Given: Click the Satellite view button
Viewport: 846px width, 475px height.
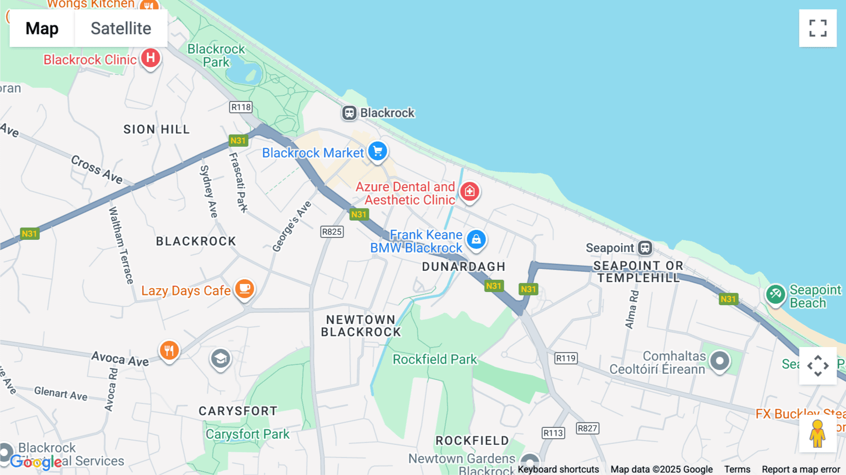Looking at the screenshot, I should coord(121,28).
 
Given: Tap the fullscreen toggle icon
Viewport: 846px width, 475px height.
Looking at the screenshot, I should coord(818,28).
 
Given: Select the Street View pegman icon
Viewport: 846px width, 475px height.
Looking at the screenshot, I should coord(817,433).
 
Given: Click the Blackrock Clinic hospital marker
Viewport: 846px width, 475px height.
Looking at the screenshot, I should coord(150,58).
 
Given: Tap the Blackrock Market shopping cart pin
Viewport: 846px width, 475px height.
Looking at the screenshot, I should coord(377,151).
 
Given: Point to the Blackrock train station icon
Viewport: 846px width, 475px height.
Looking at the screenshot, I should coord(349,113).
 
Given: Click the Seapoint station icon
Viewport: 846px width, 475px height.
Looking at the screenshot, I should coord(645,247).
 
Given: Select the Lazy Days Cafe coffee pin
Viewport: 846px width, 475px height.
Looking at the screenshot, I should coord(245,288).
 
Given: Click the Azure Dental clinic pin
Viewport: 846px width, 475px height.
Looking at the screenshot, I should coord(470,191).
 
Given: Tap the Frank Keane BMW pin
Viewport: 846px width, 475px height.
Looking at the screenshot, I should coord(476,239).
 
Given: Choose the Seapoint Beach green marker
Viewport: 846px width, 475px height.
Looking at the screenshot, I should coord(775,294).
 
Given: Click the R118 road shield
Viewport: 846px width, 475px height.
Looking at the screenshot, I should coord(241,107).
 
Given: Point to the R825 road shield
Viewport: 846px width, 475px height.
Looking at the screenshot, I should coord(332,232).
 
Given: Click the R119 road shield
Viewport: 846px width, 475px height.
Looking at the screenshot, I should coord(565,358).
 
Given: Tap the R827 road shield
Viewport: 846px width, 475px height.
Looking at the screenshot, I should coord(587,428).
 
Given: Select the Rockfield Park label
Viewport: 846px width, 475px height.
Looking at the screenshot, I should coord(435,359).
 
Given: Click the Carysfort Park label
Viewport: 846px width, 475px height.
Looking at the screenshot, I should coord(247,434).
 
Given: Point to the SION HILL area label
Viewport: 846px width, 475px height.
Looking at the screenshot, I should coord(157,129).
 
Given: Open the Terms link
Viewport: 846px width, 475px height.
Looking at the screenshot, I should coord(737,469).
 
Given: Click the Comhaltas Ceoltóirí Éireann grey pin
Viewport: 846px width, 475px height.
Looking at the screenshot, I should coord(720,361).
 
